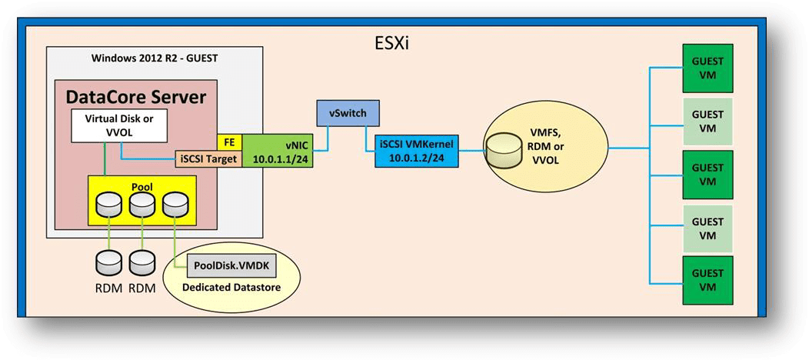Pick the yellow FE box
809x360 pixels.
click(x=230, y=142)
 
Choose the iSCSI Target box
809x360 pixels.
click(x=209, y=159)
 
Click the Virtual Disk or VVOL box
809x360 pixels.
click(x=120, y=125)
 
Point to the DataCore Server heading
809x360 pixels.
click(x=136, y=97)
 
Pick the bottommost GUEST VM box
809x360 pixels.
click(x=707, y=279)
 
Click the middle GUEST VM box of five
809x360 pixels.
click(x=707, y=172)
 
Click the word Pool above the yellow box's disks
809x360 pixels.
click(x=142, y=185)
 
